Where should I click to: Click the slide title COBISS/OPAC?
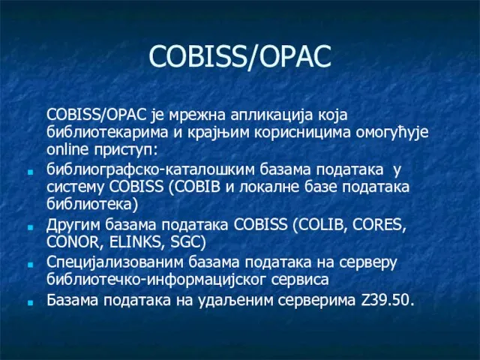[x=240, y=57]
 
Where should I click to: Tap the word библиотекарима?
[x=108, y=132]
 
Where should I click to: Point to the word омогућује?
[x=393, y=133]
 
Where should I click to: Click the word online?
[x=67, y=150]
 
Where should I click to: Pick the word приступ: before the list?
[x=125, y=151]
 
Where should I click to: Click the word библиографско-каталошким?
[x=151, y=170]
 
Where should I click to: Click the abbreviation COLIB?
[x=319, y=225]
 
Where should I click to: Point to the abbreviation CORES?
[x=379, y=225]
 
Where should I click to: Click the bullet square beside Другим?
[x=30, y=228]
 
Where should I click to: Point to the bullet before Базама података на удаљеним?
[x=30, y=303]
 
